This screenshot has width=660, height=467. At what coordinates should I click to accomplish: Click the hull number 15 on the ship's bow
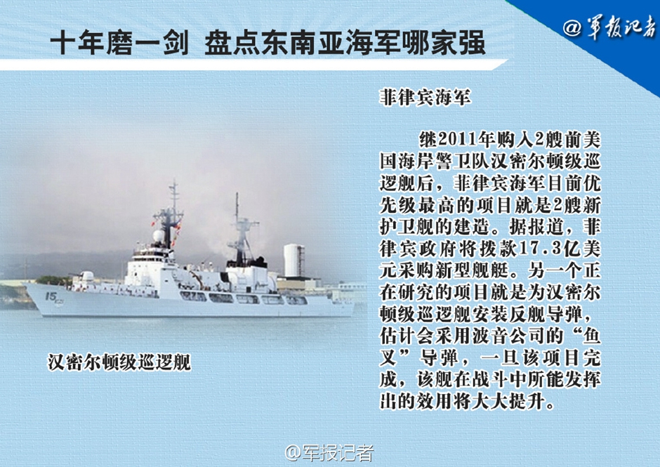[x=51, y=297]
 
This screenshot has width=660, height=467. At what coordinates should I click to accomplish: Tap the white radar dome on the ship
[x=158, y=235]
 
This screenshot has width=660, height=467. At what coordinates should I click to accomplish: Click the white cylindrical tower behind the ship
[x=293, y=261]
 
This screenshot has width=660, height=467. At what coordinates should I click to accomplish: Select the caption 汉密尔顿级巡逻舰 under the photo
[x=119, y=362]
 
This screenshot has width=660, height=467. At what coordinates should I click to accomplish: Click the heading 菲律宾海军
[x=425, y=97]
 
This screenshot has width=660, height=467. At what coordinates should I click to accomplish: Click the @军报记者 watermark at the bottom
[x=329, y=453]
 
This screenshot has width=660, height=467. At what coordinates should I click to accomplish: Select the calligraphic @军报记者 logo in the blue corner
[x=609, y=27]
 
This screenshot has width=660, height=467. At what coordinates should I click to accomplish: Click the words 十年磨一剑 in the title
[x=119, y=43]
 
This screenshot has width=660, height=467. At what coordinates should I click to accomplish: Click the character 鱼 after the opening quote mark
[x=590, y=336]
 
